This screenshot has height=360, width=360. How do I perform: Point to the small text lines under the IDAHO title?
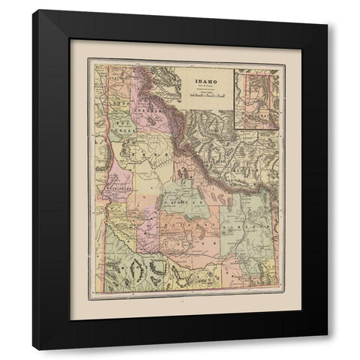tap(204, 87)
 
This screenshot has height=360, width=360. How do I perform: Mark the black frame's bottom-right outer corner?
tap(328, 350)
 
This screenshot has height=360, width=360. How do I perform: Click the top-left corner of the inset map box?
tap(233, 69)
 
